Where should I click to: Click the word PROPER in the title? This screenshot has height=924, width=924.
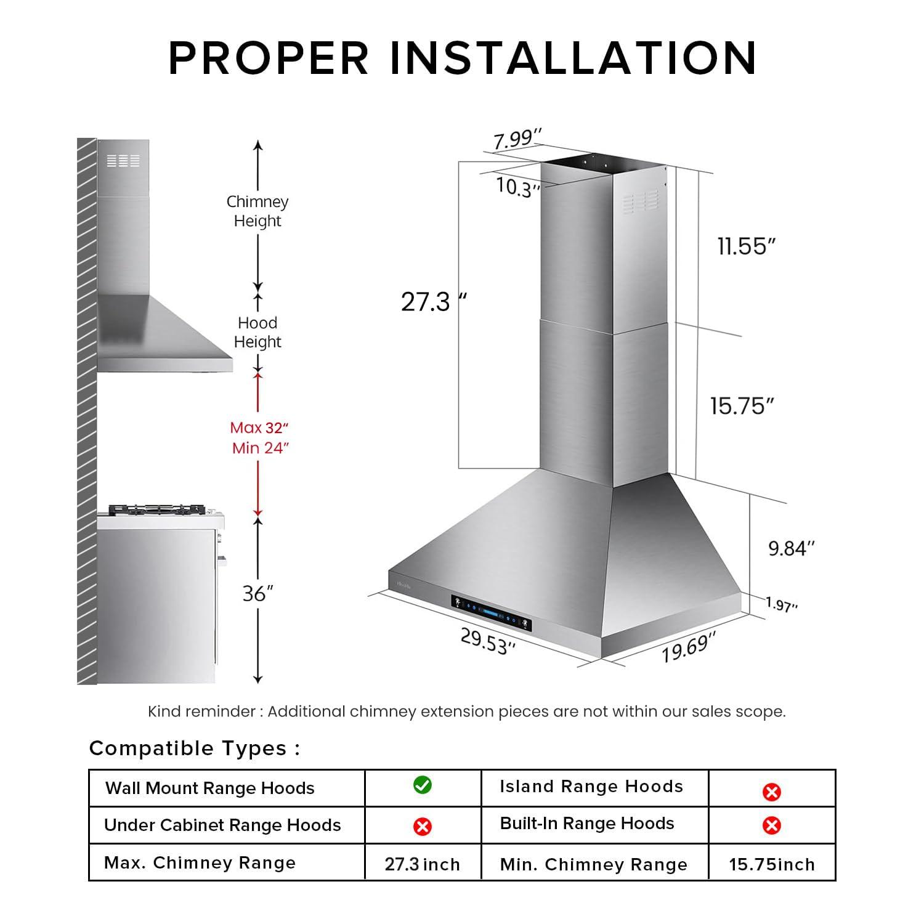269,58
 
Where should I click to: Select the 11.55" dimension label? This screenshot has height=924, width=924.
746,246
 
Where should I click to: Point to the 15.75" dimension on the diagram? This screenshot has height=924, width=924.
742,406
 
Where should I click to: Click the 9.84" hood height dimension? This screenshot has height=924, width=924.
791,548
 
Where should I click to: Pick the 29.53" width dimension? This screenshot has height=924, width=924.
488,641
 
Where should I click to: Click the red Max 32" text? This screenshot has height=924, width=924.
259,428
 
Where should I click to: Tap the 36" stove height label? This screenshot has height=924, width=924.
257,594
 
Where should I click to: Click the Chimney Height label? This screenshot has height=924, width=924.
257,211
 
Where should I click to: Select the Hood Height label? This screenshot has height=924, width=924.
257,332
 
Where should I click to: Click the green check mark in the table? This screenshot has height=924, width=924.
423,785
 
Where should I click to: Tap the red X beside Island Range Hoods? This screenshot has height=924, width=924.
771,792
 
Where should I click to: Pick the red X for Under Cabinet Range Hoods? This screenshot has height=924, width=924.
423,826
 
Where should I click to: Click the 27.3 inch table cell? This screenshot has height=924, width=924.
423,864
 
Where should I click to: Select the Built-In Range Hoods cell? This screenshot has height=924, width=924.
587,824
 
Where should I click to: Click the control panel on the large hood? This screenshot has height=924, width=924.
491,611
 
